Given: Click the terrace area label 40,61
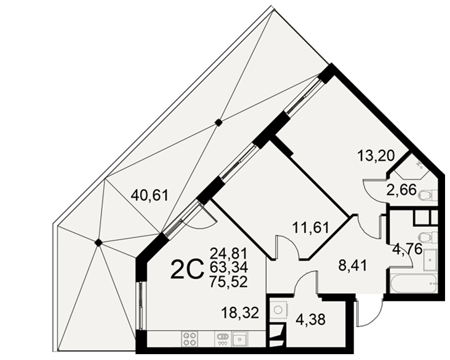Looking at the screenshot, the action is tap(149, 196).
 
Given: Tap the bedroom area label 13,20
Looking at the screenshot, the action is tap(376, 156).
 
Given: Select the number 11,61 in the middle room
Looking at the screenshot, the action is tap(311, 228).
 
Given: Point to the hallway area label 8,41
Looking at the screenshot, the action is tap(353, 266).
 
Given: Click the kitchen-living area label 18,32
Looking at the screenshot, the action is tap(240, 313).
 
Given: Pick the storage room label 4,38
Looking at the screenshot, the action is tap(311, 319).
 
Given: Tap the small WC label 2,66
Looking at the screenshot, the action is tap(401, 190).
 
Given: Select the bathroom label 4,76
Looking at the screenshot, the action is tap(408, 248).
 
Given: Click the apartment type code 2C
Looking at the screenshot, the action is tap(187, 269).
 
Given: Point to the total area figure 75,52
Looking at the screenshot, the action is tap(229, 282).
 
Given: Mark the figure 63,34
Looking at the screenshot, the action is tap(229, 268).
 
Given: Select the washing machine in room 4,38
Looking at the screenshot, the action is tap(278, 310).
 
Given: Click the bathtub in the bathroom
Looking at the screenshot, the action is tap(414, 283).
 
